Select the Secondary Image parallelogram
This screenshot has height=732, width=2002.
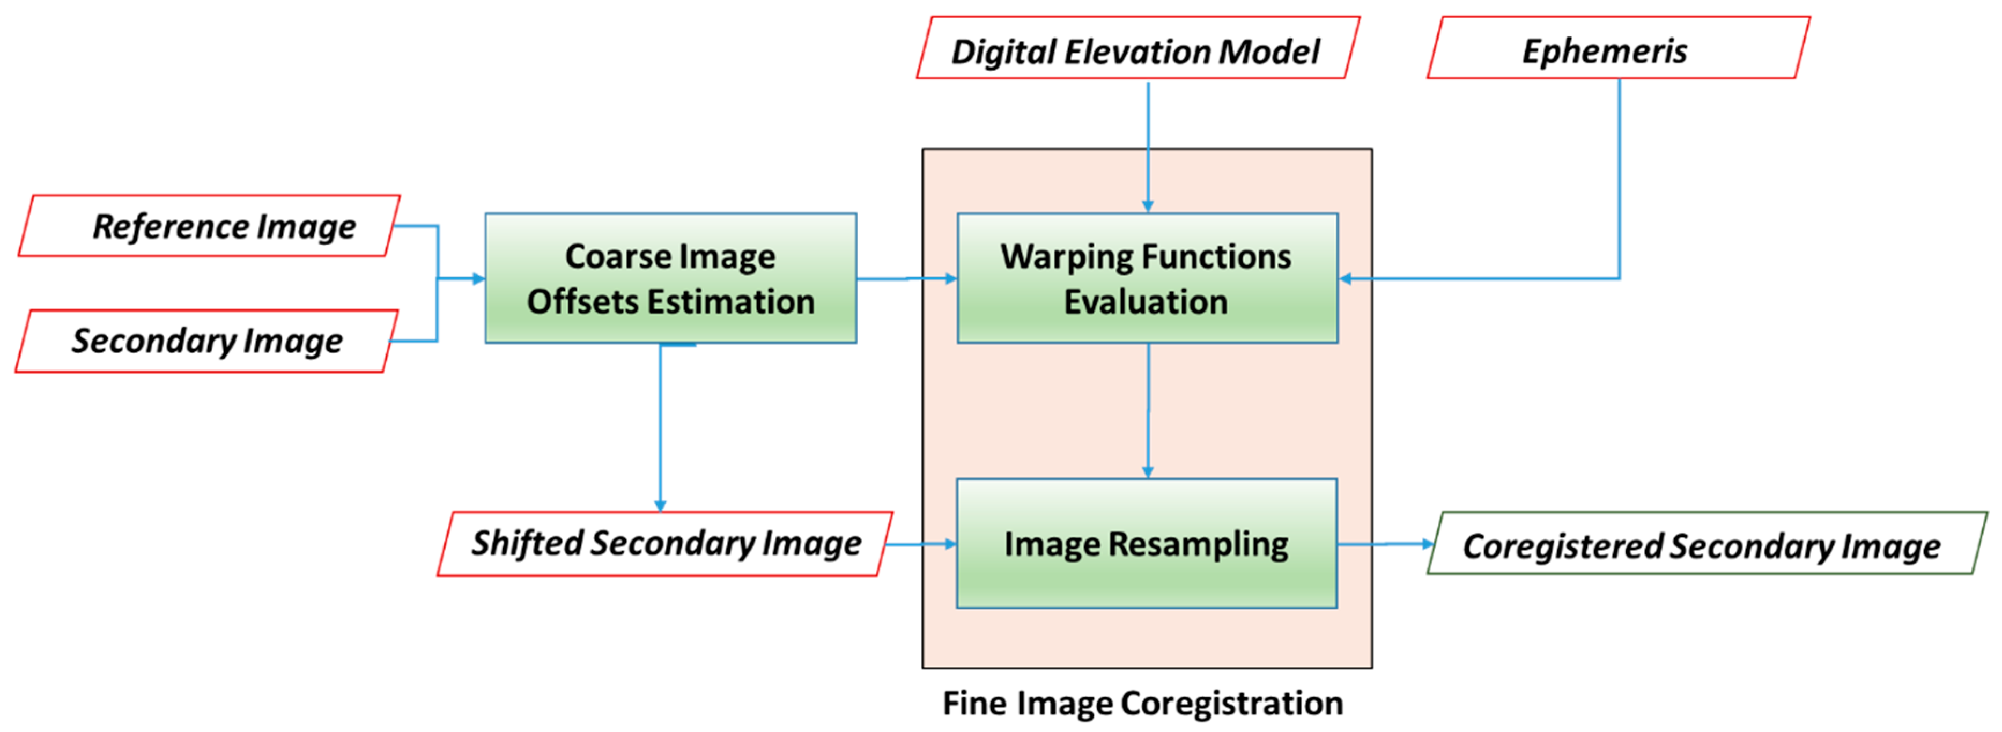click(x=206, y=341)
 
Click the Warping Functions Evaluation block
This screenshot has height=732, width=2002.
click(x=1147, y=278)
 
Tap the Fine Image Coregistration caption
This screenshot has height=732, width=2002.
click(x=1142, y=703)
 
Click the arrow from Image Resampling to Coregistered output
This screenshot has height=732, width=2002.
click(x=1383, y=544)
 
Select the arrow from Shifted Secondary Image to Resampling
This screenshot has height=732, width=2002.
click(x=921, y=544)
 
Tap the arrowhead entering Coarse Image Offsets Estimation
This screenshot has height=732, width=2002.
click(x=478, y=278)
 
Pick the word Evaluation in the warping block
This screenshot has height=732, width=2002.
click(x=1146, y=301)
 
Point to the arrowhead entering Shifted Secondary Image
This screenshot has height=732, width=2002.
click(x=660, y=506)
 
